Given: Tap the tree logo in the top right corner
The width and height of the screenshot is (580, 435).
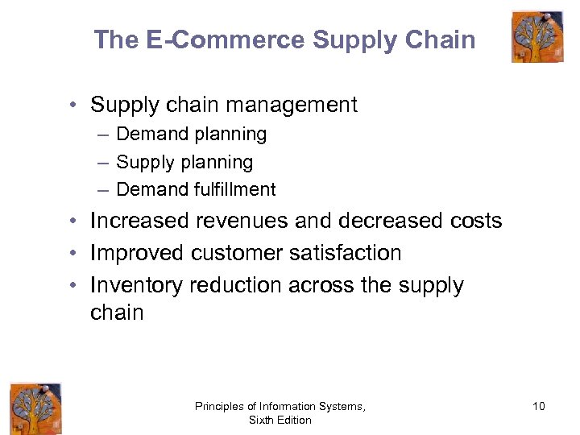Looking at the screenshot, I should (x=537, y=36).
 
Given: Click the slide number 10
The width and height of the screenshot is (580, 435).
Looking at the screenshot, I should (x=538, y=406).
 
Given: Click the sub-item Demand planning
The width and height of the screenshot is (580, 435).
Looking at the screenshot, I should (x=192, y=134).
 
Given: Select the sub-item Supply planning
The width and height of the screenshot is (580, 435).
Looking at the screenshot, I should (x=184, y=162).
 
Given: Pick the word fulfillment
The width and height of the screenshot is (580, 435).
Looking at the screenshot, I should (x=235, y=189).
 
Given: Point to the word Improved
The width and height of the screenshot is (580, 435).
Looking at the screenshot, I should (x=137, y=253).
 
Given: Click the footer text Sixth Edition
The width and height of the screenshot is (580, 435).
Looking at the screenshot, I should (x=280, y=420).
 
